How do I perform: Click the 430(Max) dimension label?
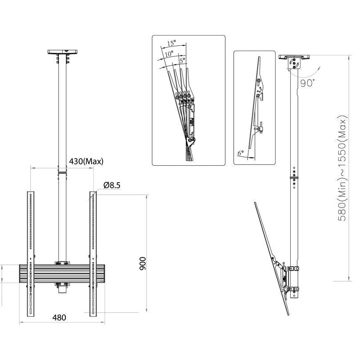point(86,161)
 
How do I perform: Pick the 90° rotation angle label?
point(307,83)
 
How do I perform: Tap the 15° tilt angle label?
point(172,43)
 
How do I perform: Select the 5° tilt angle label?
point(182,59)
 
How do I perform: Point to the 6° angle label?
point(240,153)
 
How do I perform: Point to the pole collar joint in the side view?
point(293,179)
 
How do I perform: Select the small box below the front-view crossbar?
point(62,289)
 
